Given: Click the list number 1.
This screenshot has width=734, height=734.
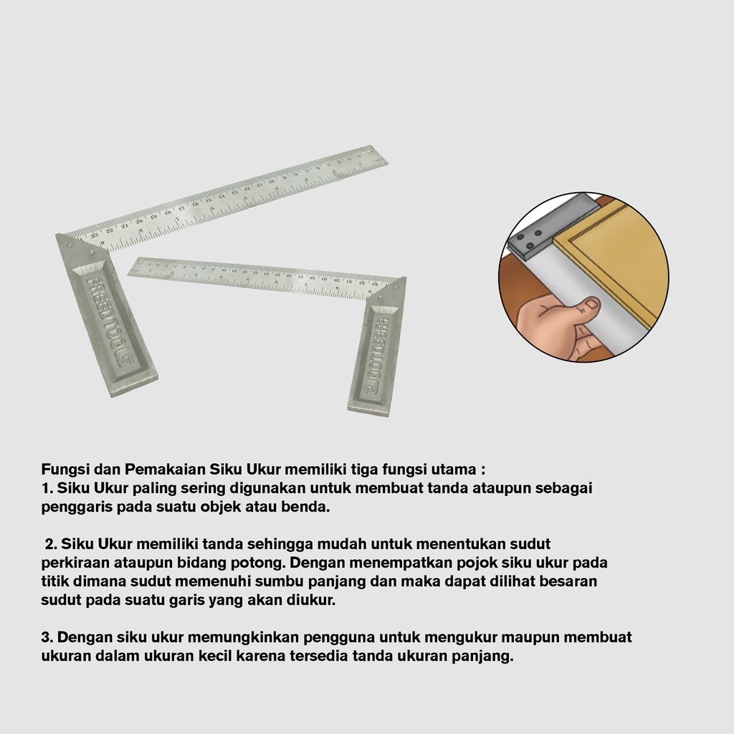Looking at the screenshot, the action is pyautogui.click(x=47, y=487).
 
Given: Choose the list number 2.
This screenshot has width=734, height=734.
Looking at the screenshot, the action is pyautogui.click(x=51, y=544).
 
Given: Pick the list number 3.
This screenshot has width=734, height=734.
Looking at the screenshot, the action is pyautogui.click(x=47, y=637).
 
